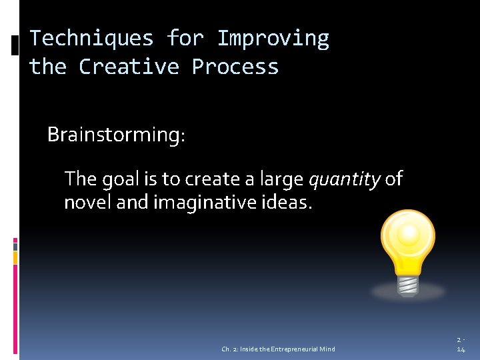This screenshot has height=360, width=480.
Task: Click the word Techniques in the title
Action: pos(91,38)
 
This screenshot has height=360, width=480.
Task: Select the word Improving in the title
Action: pos(273,38)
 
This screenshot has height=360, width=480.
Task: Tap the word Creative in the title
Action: pos(129,67)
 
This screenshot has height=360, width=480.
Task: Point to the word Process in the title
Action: pos(235,67)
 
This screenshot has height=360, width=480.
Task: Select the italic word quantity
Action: pos(344,179)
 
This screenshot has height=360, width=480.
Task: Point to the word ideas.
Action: pos(288,202)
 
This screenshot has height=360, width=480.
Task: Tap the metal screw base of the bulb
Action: pos(407,283)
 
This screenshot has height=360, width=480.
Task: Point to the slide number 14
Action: pos(461,349)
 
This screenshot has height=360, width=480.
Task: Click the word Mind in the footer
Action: pos(327,349)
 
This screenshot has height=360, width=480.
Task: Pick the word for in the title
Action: pos(185,38)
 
